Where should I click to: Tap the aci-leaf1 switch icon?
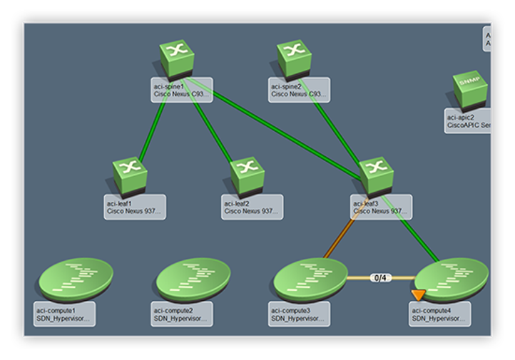click(x=130, y=175)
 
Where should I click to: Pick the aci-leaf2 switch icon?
click(x=248, y=175)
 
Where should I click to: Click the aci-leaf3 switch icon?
click(x=377, y=175)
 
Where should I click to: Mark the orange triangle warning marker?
click(x=418, y=294)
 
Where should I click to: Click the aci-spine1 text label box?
click(x=182, y=90)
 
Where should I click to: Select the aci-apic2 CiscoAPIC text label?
click(x=468, y=121)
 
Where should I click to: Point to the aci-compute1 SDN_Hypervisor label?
click(x=65, y=314)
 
